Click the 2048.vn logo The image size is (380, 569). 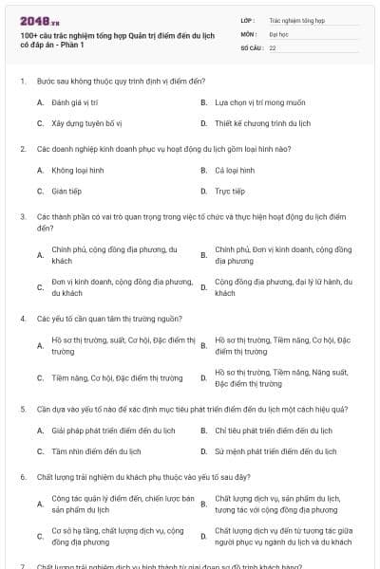(39, 20)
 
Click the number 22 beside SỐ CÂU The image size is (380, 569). (273, 46)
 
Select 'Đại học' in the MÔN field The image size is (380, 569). (278, 32)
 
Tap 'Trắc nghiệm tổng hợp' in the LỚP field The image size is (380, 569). (296, 19)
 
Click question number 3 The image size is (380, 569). (22, 216)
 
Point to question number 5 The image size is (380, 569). (22, 409)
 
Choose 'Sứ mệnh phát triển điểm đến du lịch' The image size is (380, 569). (274, 450)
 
